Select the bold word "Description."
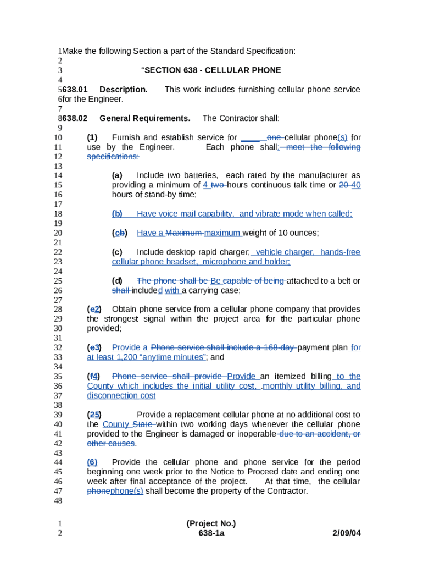point(123,90)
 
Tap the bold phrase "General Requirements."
point(145,118)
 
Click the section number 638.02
point(75,118)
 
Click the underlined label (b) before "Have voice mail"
point(117,214)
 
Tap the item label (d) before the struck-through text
point(117,281)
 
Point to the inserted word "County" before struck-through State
point(116,424)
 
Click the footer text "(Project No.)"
point(211,523)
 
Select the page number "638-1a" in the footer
point(211,533)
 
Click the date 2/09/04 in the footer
point(347,533)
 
